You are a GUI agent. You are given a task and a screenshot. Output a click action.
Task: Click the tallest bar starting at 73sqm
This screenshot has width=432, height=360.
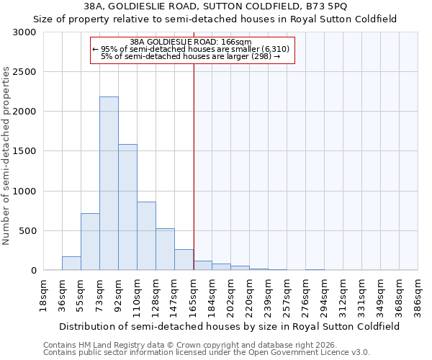[x=109, y=184]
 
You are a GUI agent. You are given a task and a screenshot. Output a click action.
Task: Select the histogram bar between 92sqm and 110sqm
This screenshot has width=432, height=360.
[x=127, y=207]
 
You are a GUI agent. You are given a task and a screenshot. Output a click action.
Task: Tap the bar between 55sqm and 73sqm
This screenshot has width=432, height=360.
[x=90, y=242]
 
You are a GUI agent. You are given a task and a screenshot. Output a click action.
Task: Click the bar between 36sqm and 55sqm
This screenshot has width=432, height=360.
[x=71, y=264]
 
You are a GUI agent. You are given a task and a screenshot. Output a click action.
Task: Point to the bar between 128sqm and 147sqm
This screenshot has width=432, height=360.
[x=165, y=249]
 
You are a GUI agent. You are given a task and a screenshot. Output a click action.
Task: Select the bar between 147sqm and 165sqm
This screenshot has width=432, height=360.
[x=184, y=260]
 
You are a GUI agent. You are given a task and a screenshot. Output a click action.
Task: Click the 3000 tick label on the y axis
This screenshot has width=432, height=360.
[x=24, y=32]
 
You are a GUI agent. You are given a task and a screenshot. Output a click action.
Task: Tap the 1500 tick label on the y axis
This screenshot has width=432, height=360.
[x=24, y=151]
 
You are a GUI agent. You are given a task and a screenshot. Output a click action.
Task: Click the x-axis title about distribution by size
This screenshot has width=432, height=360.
[x=230, y=326]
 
